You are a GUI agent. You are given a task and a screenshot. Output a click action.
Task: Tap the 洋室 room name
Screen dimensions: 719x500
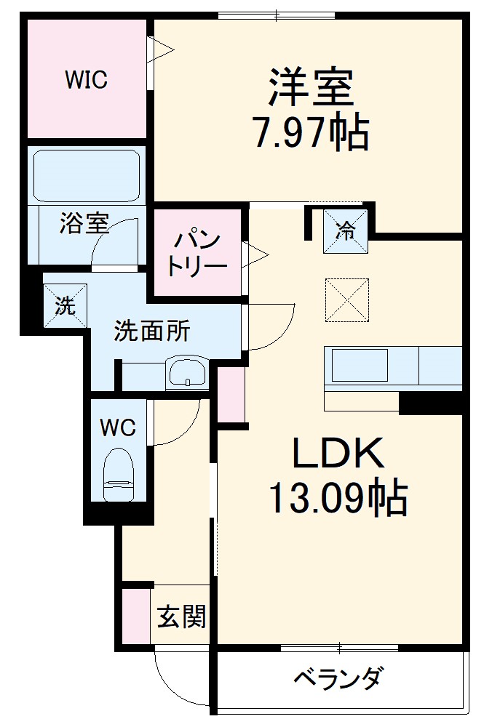click(x=311, y=88)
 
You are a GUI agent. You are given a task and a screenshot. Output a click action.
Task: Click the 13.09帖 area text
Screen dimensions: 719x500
click(x=338, y=499)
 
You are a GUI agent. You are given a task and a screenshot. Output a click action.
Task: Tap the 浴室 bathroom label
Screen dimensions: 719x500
click(x=84, y=225)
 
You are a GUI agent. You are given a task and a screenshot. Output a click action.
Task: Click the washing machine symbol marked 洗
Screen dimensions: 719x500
click(x=66, y=306)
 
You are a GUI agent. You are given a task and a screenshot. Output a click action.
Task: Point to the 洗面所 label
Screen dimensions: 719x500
click(x=151, y=332)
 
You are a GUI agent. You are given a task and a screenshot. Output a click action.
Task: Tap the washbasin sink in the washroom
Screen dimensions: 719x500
click(x=187, y=374)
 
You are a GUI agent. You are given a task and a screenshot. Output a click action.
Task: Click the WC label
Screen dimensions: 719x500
click(x=117, y=427)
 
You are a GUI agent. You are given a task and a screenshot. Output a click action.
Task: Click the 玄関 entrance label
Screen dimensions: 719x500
click(x=181, y=618)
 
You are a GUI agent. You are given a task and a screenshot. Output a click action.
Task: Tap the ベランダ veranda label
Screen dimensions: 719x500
click(x=338, y=680)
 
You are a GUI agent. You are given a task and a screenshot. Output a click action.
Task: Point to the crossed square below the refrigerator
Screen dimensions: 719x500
click(x=346, y=300)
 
